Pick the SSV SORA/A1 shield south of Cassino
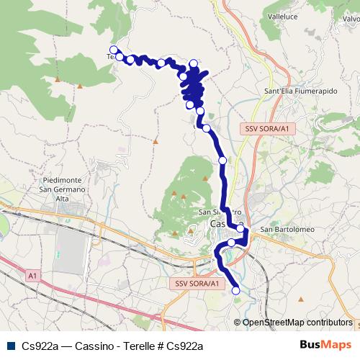(x=197, y=284)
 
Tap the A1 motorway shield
(x=33, y=275)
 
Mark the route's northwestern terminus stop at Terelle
(x=113, y=50)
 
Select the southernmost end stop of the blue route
(x=236, y=290)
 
